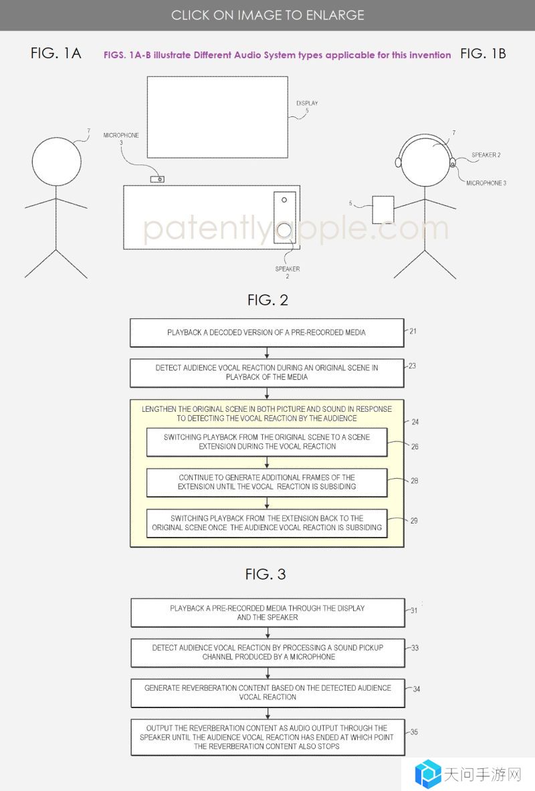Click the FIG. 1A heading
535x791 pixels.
pos(56,53)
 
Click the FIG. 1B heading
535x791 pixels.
pos(483,53)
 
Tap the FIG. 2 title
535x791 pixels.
pos(267,300)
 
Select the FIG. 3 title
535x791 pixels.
pos(265,574)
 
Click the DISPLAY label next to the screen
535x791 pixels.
pos(307,103)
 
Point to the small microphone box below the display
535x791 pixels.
pos(157,179)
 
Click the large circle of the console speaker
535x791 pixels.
pos(285,230)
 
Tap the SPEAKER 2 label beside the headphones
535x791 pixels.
pos(486,155)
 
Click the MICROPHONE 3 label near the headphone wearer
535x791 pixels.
pos(486,183)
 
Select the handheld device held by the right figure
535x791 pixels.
pos(383,210)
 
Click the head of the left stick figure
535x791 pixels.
pos(57,161)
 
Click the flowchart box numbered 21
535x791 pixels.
pos(267,332)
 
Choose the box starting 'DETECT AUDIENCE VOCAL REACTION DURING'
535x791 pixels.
pos(267,373)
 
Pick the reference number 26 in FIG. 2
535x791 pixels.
pos(415,447)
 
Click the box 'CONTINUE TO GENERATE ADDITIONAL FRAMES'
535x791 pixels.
pos(267,482)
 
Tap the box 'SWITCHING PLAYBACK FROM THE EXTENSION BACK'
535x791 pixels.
pos(267,523)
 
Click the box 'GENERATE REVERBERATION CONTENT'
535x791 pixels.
pos(268,693)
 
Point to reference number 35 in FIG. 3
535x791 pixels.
pos(414,732)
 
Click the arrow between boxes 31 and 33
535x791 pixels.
pos(268,633)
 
